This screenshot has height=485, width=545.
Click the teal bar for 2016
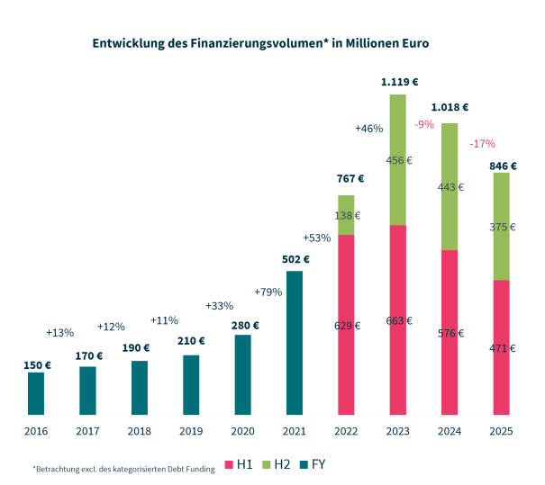[x=36, y=393]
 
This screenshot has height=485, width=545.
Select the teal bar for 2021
[x=294, y=343]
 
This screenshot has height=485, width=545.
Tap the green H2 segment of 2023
[x=397, y=159]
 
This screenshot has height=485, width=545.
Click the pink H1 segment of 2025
[x=501, y=347]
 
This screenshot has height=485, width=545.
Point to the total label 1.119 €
[x=398, y=82]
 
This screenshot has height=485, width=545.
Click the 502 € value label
[x=295, y=260]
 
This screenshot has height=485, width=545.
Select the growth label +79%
[x=268, y=292]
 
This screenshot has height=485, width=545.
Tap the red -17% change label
[x=482, y=144]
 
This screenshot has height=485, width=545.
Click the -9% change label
[x=424, y=124]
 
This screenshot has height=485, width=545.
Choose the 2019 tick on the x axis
[x=191, y=432]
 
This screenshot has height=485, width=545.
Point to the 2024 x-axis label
[x=449, y=432]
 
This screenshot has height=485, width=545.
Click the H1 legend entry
[x=240, y=464]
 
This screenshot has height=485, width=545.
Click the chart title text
[x=260, y=42]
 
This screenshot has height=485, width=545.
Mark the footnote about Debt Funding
[x=123, y=469]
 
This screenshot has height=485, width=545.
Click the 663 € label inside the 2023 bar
[x=398, y=320]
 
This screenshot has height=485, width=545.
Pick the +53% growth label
[x=317, y=238]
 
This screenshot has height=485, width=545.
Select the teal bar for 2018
[x=140, y=388]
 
